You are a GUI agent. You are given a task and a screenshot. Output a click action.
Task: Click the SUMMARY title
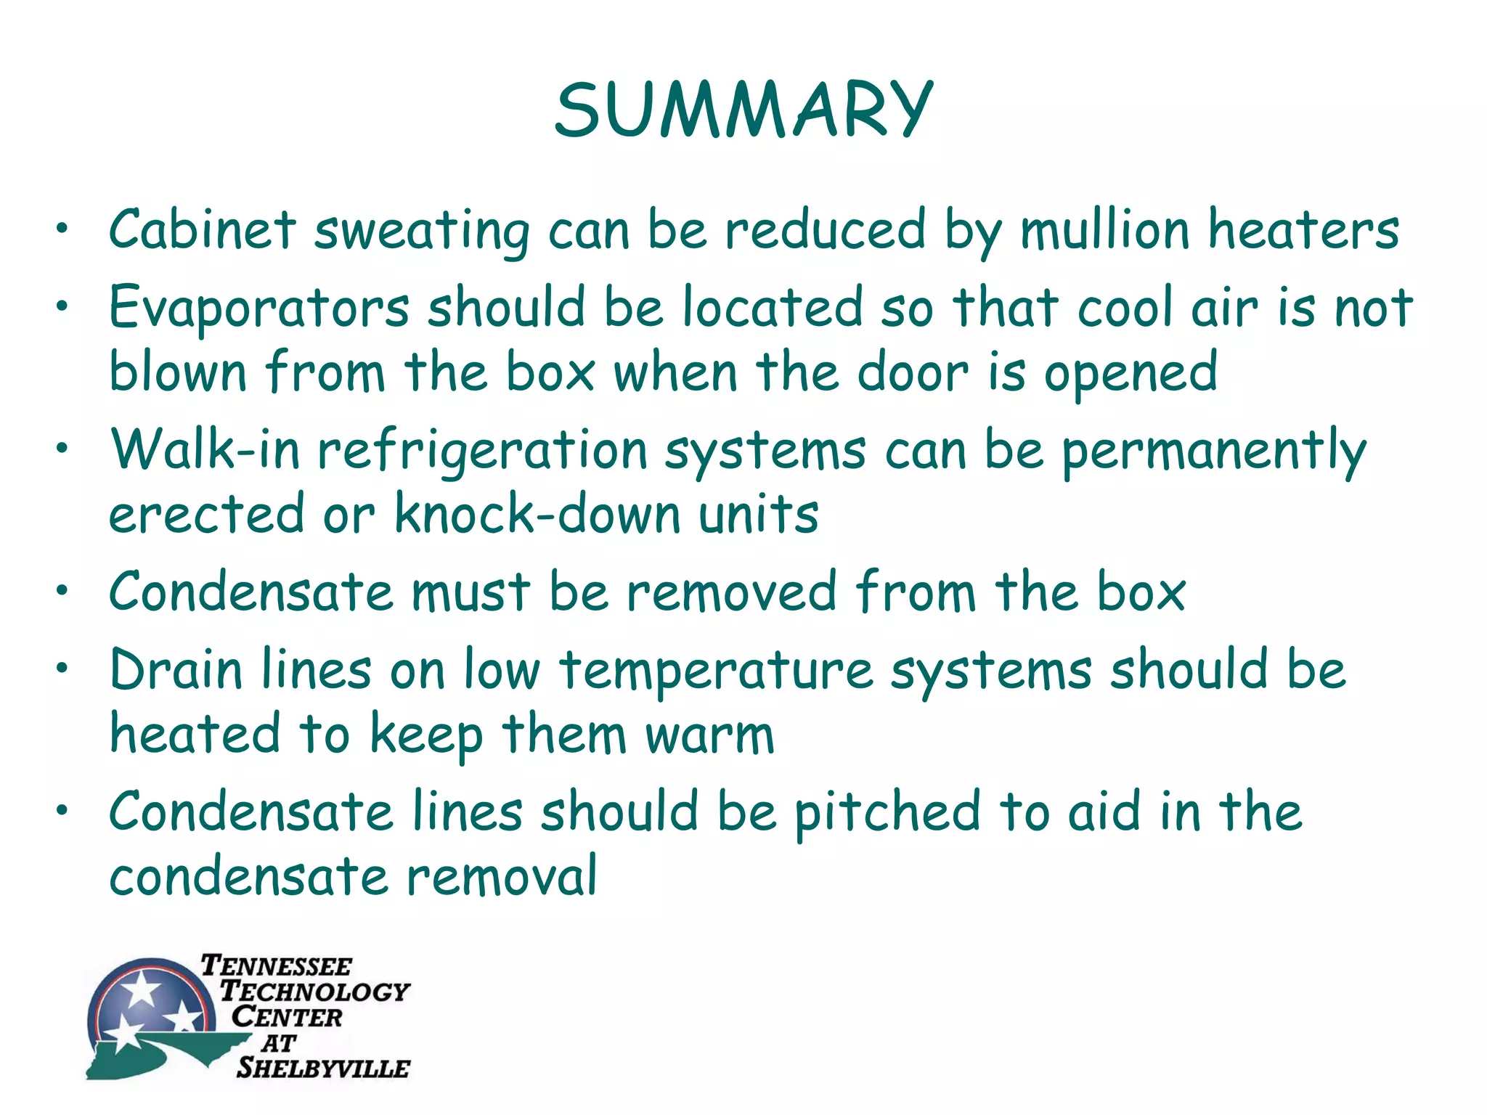pos(743,110)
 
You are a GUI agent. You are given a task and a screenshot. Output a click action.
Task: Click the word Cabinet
pos(203,230)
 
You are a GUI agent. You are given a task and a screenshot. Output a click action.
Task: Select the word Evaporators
pos(259,309)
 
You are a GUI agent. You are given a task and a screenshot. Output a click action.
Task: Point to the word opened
pos(1130,372)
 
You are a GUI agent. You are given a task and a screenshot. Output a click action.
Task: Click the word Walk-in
pos(205,450)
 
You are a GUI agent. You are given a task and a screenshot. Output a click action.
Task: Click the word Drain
pos(176,669)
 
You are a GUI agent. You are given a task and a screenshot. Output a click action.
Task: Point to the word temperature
pos(716,671)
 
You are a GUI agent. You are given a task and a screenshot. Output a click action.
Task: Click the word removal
pos(502,876)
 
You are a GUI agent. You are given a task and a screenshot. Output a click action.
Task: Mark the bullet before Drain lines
pos(63,667)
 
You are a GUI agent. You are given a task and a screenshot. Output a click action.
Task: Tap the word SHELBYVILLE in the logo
pos(323,1068)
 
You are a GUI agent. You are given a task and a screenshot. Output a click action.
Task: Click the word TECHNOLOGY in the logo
pos(315,991)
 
